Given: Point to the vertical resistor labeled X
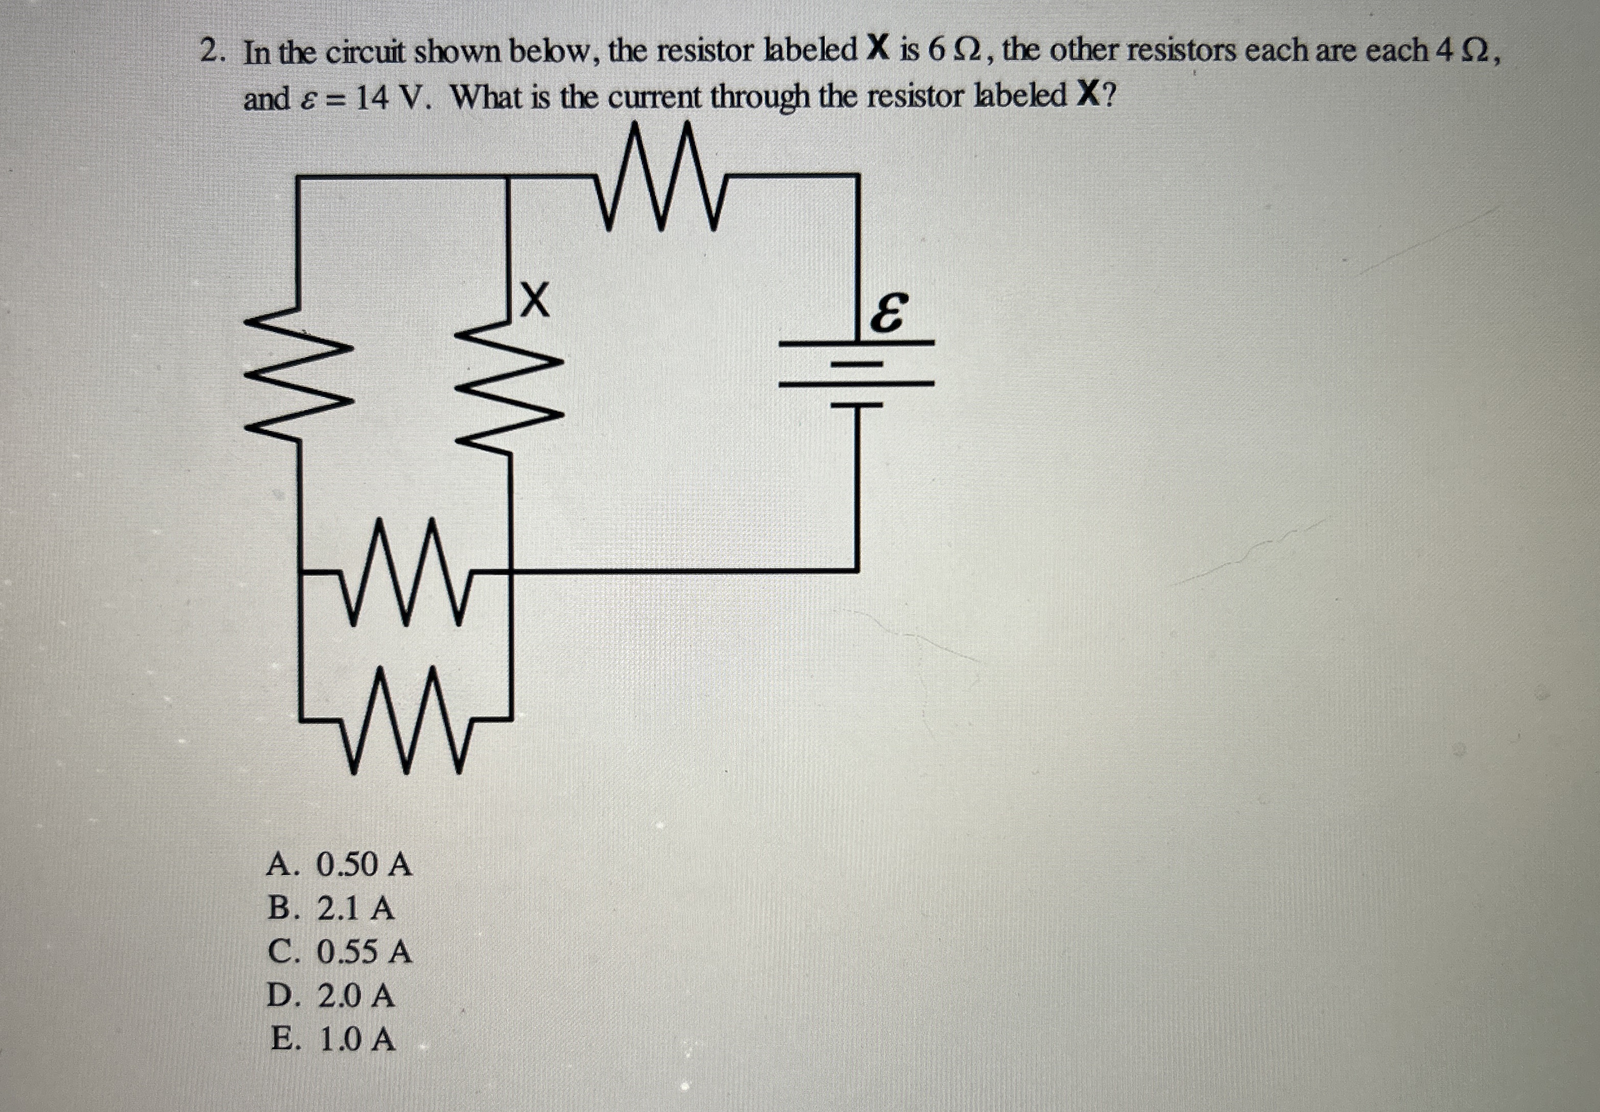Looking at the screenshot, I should click(x=509, y=386).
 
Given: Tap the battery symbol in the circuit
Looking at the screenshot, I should click(x=856, y=373).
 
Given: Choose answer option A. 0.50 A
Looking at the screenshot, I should click(x=340, y=865).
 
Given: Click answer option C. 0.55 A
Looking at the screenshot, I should click(x=340, y=952).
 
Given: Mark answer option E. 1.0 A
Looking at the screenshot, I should click(x=333, y=1040).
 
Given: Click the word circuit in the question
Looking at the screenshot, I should click(x=364, y=53).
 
